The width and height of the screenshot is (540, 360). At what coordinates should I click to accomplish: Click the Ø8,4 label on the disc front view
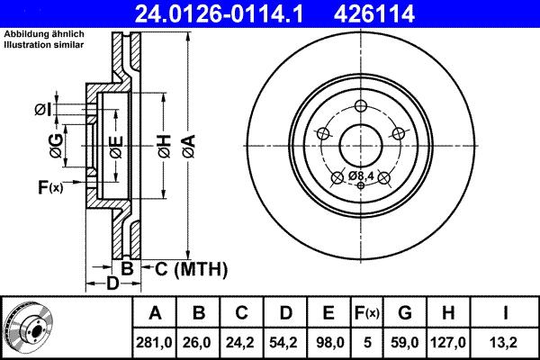(362, 175)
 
